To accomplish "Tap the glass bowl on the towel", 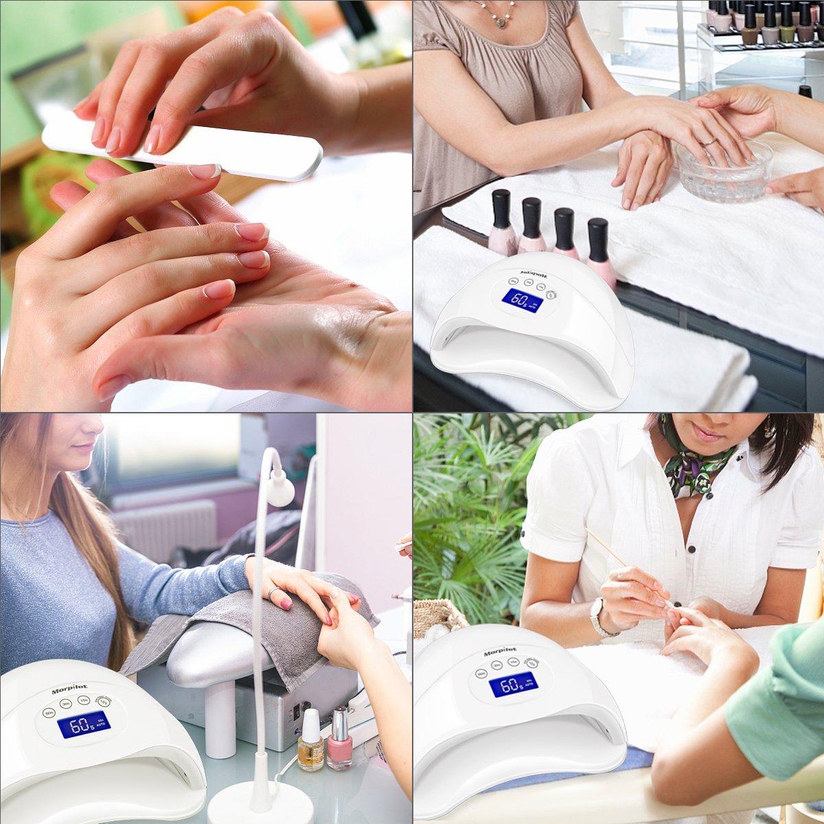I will (724, 171).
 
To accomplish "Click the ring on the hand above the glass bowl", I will (708, 141).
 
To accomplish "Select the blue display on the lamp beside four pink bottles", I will (522, 300).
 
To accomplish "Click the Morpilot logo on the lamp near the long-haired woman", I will (69, 689).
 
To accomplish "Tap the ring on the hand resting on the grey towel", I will (273, 593).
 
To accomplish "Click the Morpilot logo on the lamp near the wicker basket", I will (500, 652).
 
